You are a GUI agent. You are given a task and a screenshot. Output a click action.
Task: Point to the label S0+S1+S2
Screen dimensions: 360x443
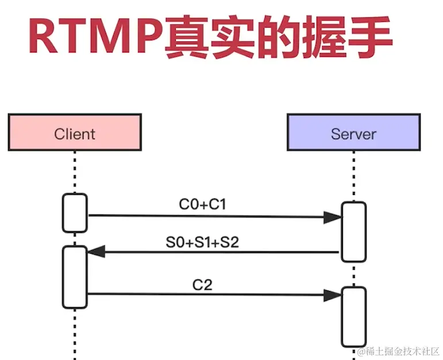click(x=202, y=242)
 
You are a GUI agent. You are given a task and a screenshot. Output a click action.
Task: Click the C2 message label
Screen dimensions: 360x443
click(x=202, y=284)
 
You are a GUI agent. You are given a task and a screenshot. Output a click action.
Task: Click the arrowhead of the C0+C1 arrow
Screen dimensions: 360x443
click(x=333, y=217)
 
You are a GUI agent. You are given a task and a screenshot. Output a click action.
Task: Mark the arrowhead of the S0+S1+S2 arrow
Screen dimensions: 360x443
click(x=95, y=251)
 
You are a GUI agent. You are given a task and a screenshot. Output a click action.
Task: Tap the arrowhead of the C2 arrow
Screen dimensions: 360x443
click(x=333, y=295)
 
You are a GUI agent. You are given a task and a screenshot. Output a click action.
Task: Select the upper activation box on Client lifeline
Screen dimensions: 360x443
click(x=75, y=213)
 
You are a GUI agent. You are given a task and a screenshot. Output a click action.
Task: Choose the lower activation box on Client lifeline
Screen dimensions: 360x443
click(x=75, y=277)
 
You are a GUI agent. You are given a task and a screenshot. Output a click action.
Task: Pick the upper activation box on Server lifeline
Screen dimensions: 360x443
click(x=353, y=232)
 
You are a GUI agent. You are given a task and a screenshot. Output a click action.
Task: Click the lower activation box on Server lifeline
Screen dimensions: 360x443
click(x=353, y=316)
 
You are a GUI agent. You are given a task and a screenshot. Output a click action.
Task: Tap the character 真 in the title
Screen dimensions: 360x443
click(x=186, y=37)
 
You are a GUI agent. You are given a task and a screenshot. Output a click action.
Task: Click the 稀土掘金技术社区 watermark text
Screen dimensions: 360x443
click(x=402, y=351)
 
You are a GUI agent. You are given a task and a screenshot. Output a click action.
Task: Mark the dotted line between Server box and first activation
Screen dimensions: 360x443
click(x=353, y=175)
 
